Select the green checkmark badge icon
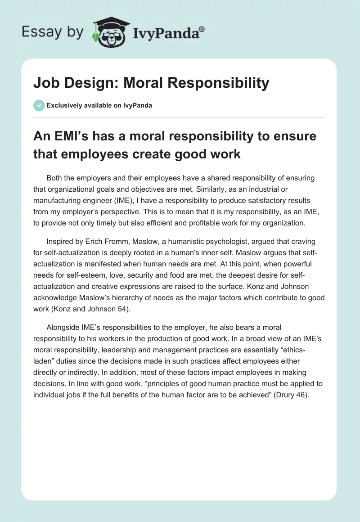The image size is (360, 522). [39, 105]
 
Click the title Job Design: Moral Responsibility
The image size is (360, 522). [151, 83]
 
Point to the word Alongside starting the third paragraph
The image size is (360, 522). [65, 328]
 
